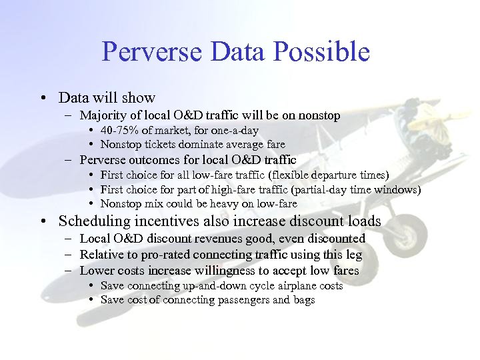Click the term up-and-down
(213, 285)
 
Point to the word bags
(303, 300)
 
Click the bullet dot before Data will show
(43, 98)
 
